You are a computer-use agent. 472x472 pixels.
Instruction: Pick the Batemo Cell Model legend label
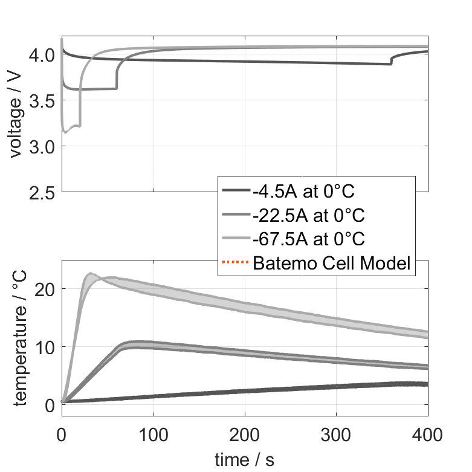tap(332, 263)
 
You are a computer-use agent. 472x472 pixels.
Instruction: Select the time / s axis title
tap(244, 460)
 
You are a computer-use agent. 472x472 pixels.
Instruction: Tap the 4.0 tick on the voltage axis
tap(42, 55)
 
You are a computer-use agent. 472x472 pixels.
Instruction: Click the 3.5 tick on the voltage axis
tap(42, 101)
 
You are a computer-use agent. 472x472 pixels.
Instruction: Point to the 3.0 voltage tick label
tap(42, 147)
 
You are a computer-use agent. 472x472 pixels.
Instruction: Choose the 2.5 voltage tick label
tap(42, 192)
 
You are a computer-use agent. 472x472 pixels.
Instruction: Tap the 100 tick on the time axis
tap(154, 433)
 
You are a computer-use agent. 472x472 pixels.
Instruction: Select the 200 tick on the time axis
tap(245, 433)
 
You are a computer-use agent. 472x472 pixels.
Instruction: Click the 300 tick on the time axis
tap(337, 433)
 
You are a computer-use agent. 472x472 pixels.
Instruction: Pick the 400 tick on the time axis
tap(427, 433)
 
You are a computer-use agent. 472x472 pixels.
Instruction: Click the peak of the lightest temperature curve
tap(90, 274)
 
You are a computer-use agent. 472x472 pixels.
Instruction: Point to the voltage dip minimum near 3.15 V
tap(65, 132)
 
